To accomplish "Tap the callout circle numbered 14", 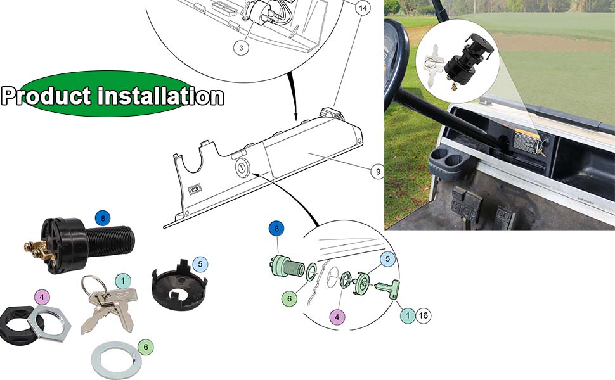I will tap(362, 9).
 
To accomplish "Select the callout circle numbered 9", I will tap(378, 171).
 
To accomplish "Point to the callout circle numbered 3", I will tap(240, 47).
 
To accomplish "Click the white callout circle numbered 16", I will tap(423, 315).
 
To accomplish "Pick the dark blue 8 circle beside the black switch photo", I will tap(103, 218).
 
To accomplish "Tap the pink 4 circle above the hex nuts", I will tap(41, 296).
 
